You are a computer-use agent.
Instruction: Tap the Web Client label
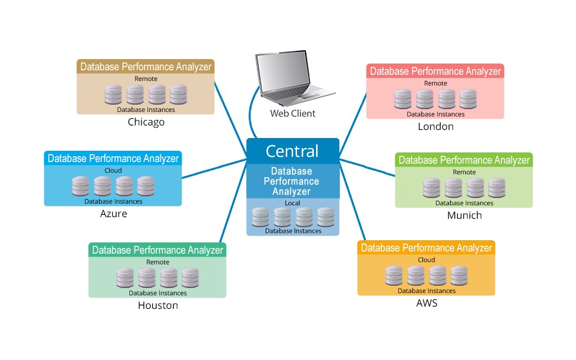(292, 114)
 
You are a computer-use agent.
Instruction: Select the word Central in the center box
(292, 151)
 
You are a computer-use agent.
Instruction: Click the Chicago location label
(146, 122)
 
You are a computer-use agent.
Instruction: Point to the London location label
(435, 127)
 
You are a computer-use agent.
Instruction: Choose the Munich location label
(464, 215)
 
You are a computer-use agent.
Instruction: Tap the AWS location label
(426, 303)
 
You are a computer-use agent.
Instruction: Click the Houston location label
(157, 305)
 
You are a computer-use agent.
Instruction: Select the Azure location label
(113, 214)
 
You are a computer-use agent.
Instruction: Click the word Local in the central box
(292, 203)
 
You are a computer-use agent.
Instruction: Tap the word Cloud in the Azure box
(113, 170)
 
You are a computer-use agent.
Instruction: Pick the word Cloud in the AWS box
(426, 260)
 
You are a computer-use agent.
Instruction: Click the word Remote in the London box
(435, 83)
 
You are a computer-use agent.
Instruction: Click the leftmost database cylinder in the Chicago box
(113, 94)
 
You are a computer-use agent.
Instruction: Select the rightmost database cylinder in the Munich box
(497, 187)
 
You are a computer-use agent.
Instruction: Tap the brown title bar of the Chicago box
(146, 66)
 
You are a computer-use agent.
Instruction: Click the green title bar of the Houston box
(157, 250)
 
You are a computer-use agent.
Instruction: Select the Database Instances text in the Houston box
(157, 293)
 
